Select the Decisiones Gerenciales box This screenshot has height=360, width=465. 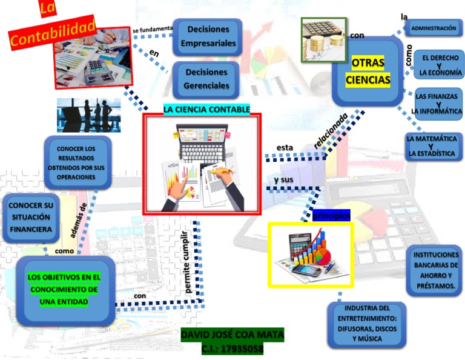pos(207,79)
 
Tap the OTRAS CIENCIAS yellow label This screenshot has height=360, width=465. pos(368,72)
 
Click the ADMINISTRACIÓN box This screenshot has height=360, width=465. pos(433,28)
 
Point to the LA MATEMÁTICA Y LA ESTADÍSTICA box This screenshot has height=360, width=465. pos(432,146)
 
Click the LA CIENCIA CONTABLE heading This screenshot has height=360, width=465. pos(206,109)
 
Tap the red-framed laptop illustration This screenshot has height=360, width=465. pos(202,164)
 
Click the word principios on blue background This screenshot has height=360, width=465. pos(331,216)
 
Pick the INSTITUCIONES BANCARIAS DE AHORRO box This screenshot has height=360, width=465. pos(434,270)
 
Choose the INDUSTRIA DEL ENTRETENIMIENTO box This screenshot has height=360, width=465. pos(367,324)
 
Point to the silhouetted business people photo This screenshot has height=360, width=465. pos(88,115)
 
